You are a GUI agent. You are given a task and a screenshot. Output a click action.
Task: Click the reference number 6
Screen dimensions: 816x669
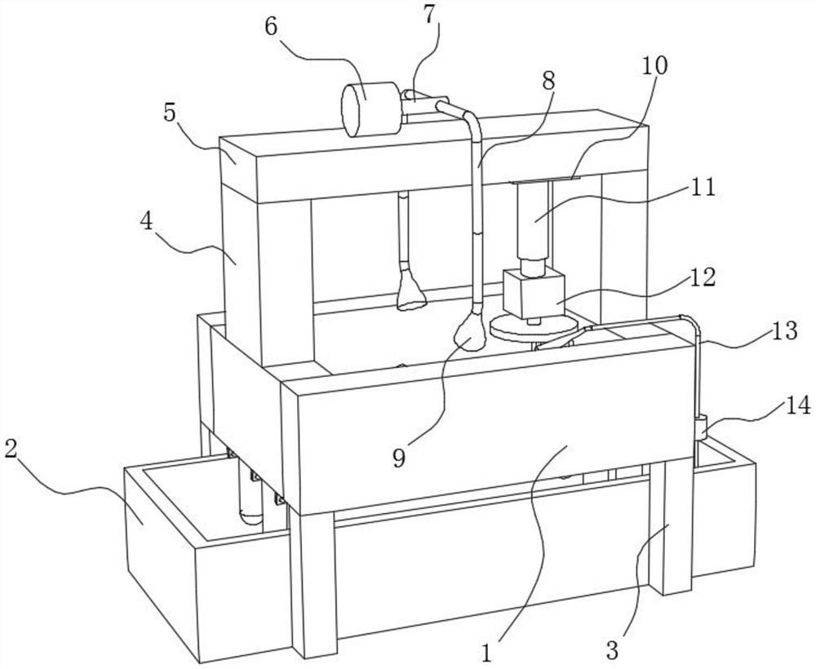coord(273,27)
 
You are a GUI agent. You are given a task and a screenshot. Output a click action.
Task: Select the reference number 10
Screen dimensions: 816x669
coord(654,65)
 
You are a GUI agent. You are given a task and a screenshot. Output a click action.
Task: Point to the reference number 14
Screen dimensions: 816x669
coord(797,405)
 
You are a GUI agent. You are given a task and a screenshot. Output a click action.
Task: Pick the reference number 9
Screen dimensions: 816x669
coord(399,459)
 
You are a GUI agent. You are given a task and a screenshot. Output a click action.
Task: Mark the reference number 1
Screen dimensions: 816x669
coord(486,653)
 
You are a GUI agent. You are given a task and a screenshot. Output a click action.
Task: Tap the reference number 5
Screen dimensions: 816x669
coord(171,113)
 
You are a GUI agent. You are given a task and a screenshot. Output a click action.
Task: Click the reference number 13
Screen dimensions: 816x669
coord(783,331)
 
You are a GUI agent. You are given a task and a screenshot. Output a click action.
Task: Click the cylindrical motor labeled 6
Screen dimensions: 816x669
coord(371,109)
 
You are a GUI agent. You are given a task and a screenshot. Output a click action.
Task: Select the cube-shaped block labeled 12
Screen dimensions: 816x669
coord(534,293)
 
